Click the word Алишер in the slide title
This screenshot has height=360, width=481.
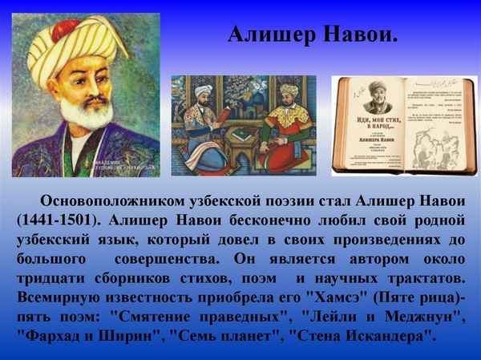tap(269, 34)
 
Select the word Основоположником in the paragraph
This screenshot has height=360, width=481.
tap(116, 200)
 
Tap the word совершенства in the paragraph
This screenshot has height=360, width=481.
tap(165, 260)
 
